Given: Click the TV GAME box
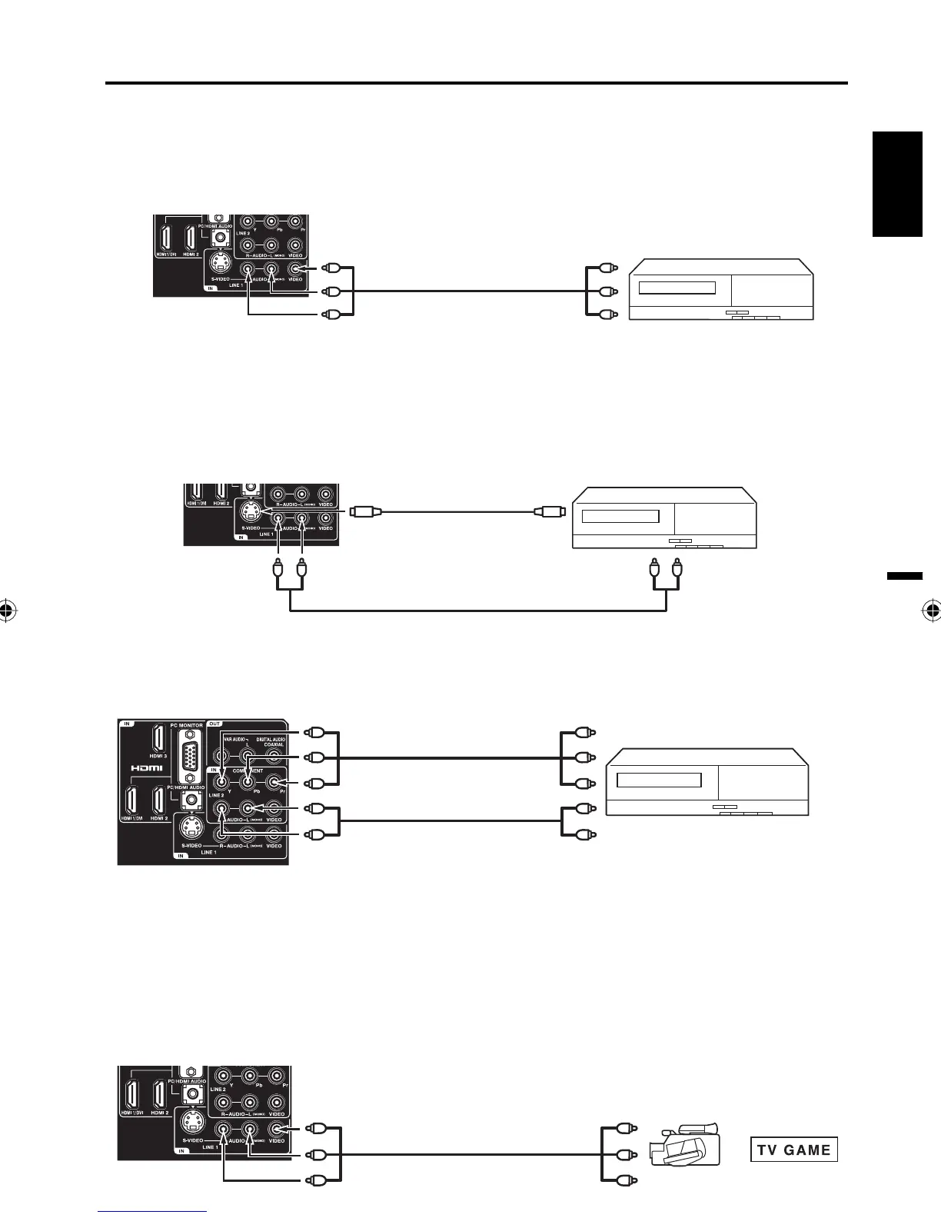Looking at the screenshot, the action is click(x=794, y=1150).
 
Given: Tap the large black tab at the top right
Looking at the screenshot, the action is click(x=897, y=185).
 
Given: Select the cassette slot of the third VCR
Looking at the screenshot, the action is click(x=660, y=780).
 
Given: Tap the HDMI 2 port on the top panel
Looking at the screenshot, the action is click(x=193, y=236).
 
